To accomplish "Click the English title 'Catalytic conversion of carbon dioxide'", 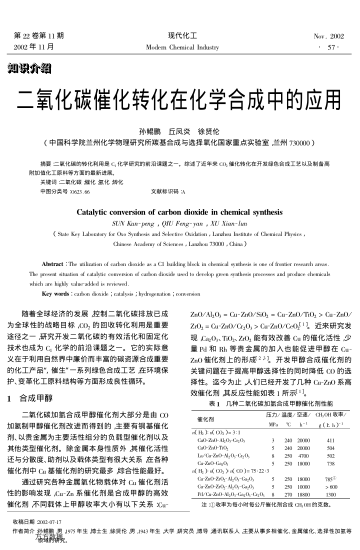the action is tap(180, 185).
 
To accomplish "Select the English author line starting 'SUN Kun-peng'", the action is tap(180, 199).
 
